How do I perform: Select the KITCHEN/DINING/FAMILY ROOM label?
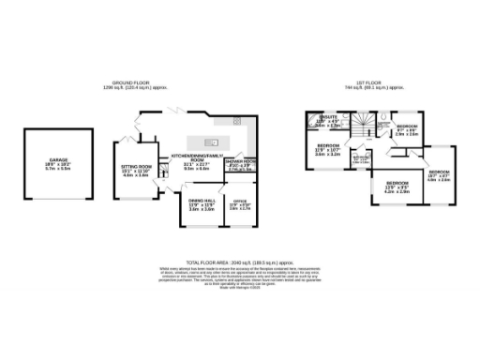coord(197,159)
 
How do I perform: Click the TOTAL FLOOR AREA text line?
coord(239,263)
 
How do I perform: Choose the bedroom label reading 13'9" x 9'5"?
coord(397,186)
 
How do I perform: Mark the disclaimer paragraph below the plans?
coord(239,277)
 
